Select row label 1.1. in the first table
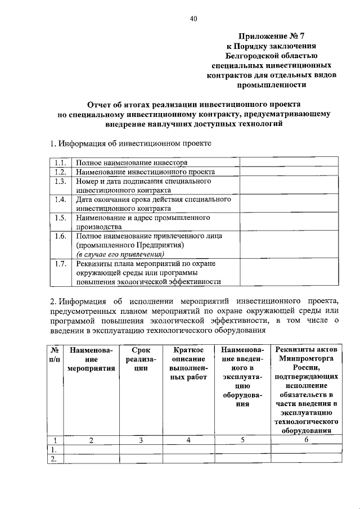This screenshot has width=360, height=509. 61,162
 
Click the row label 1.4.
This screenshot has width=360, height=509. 61,200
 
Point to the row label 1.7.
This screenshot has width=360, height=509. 61,263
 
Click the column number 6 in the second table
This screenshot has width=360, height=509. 305,440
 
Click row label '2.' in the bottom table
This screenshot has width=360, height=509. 53,459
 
